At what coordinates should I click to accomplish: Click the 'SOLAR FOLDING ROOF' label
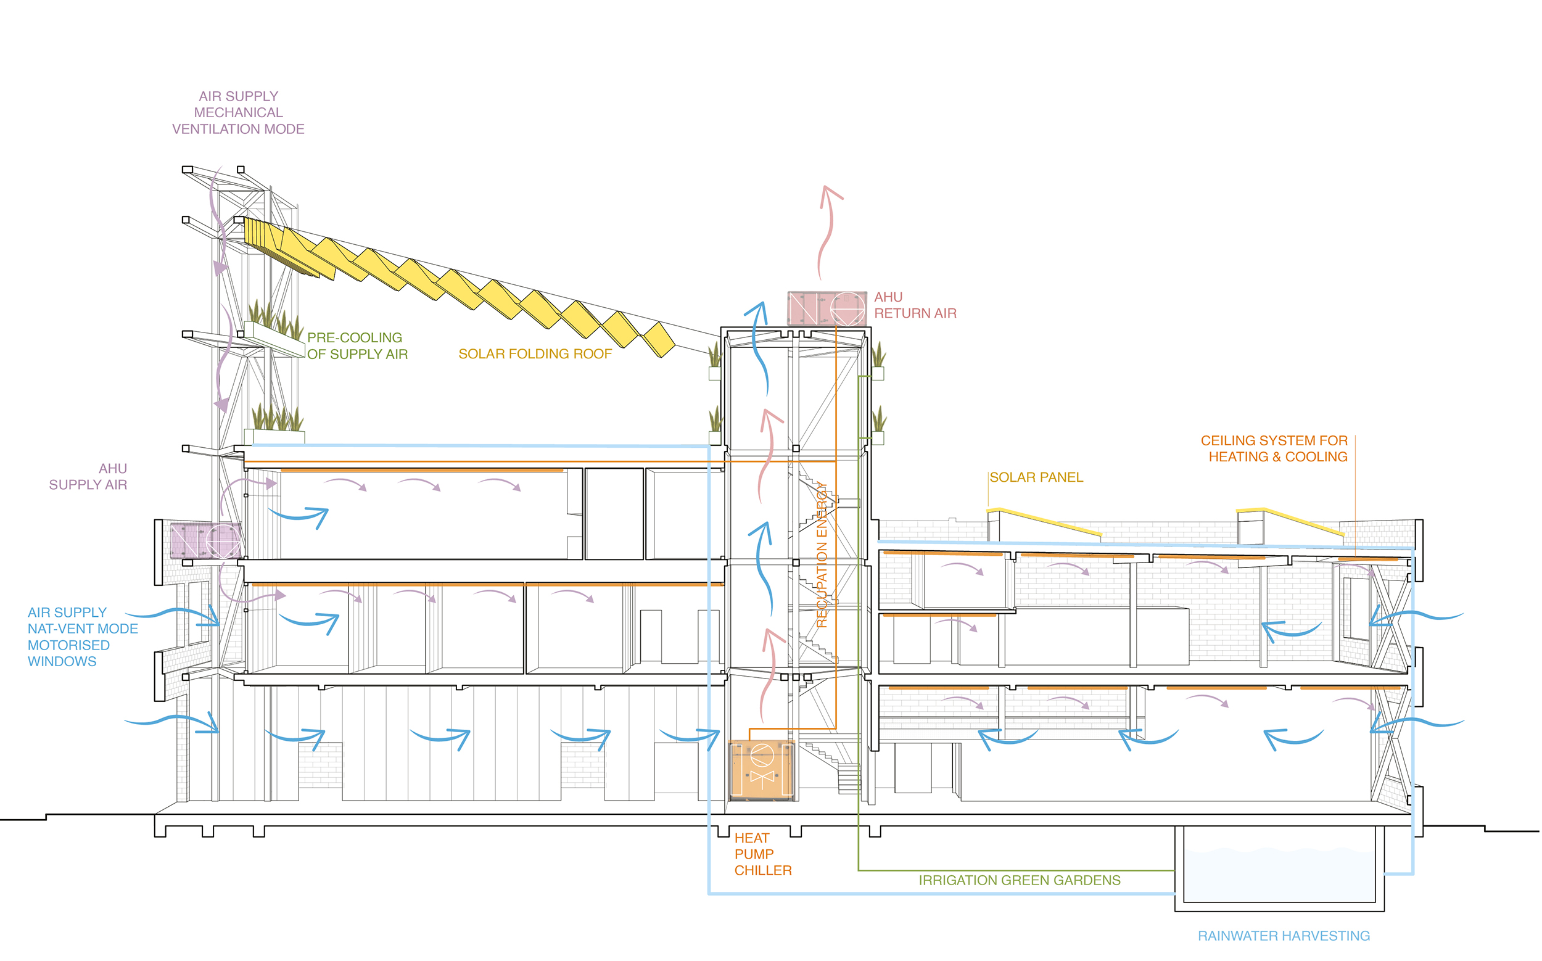[x=535, y=354]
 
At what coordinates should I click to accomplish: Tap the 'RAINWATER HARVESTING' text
[x=1284, y=936]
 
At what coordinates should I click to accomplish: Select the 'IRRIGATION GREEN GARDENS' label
[x=1020, y=880]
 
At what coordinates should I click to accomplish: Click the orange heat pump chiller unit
[x=762, y=769]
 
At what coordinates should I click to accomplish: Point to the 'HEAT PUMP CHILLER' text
[x=763, y=854]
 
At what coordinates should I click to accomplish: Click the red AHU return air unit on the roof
[x=827, y=309]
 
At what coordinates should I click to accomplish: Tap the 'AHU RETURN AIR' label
[x=915, y=305]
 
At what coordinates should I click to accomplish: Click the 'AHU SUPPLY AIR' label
[x=88, y=477]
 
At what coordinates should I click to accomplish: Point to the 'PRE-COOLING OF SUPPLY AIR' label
[x=357, y=346]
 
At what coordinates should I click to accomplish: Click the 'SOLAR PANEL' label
[x=1036, y=477]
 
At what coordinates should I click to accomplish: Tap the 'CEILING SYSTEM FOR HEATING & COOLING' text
[x=1274, y=448]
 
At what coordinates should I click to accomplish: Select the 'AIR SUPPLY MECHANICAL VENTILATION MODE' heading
[x=238, y=112]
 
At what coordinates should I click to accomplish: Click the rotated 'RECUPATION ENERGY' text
[x=822, y=555]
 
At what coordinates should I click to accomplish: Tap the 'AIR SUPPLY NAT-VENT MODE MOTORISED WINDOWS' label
[x=83, y=637]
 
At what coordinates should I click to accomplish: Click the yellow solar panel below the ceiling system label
[x=1290, y=520]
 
